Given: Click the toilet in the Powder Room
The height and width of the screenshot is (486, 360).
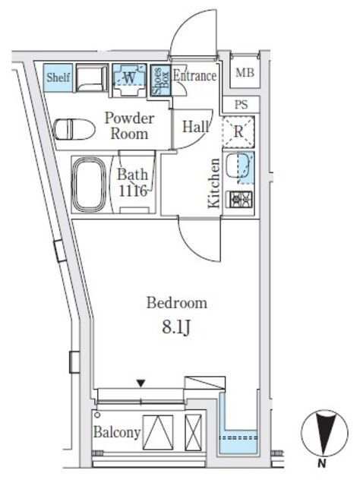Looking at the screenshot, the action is pyautogui.click(x=74, y=129).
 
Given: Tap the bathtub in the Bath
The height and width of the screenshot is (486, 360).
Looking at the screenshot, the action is pyautogui.click(x=89, y=185).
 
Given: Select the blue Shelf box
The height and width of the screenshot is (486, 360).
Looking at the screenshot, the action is pyautogui.click(x=58, y=77).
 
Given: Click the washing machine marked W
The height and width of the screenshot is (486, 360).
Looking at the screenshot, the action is pyautogui.click(x=129, y=80).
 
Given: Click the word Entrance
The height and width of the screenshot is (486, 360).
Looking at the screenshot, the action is pyautogui.click(x=194, y=76).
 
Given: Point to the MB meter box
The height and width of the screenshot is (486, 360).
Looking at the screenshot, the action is pyautogui.click(x=245, y=73).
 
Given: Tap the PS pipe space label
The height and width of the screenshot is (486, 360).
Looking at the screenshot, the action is pyautogui.click(x=242, y=105).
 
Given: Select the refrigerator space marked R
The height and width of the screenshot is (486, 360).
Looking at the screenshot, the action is pyautogui.click(x=238, y=131).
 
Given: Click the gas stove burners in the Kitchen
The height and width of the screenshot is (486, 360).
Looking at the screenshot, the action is pyautogui.click(x=241, y=199).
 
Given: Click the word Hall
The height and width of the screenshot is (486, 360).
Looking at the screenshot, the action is pyautogui.click(x=196, y=127).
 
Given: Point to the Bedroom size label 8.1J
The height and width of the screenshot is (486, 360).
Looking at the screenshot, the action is pyautogui.click(x=175, y=327).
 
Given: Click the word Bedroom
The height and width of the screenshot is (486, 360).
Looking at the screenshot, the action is pyautogui.click(x=177, y=303).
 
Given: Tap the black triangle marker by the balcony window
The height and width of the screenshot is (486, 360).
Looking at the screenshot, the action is pyautogui.click(x=141, y=383).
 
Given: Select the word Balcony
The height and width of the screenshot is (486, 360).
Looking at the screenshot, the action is pyautogui.click(x=117, y=432).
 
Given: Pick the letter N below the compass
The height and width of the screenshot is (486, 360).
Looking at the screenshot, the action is pyautogui.click(x=322, y=464).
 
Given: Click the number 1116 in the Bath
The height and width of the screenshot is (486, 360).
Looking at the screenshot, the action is pyautogui.click(x=133, y=191).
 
